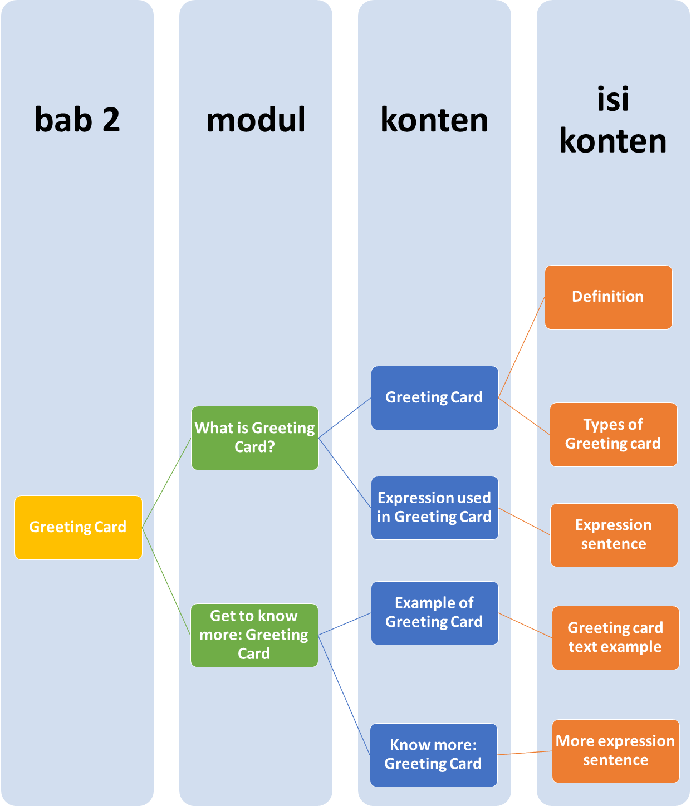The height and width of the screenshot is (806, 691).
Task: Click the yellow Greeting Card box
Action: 78,527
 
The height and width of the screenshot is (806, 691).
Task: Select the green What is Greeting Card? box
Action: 254,438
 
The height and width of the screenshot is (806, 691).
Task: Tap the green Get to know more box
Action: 254,635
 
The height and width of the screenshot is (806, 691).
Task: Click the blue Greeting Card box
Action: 434,397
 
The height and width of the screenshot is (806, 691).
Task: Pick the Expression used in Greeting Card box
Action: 434,508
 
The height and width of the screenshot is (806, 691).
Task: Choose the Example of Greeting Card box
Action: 434,613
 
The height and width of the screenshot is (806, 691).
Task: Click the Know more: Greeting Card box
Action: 433,755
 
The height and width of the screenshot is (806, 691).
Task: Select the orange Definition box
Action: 608,297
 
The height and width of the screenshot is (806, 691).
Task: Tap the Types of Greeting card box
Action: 613,434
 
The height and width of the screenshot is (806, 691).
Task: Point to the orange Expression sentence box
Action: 614,535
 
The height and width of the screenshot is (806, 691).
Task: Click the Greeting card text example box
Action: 615,637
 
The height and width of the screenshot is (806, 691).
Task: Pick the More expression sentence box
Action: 615,751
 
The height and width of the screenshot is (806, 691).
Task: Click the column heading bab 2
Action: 77,119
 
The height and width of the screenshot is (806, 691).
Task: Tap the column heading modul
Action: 256,119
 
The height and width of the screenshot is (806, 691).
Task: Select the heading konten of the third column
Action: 434,119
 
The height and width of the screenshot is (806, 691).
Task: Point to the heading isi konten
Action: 612,120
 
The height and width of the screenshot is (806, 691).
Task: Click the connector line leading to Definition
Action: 521,347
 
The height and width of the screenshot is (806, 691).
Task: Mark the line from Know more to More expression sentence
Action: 525,753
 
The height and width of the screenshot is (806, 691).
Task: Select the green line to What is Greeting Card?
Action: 166,483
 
